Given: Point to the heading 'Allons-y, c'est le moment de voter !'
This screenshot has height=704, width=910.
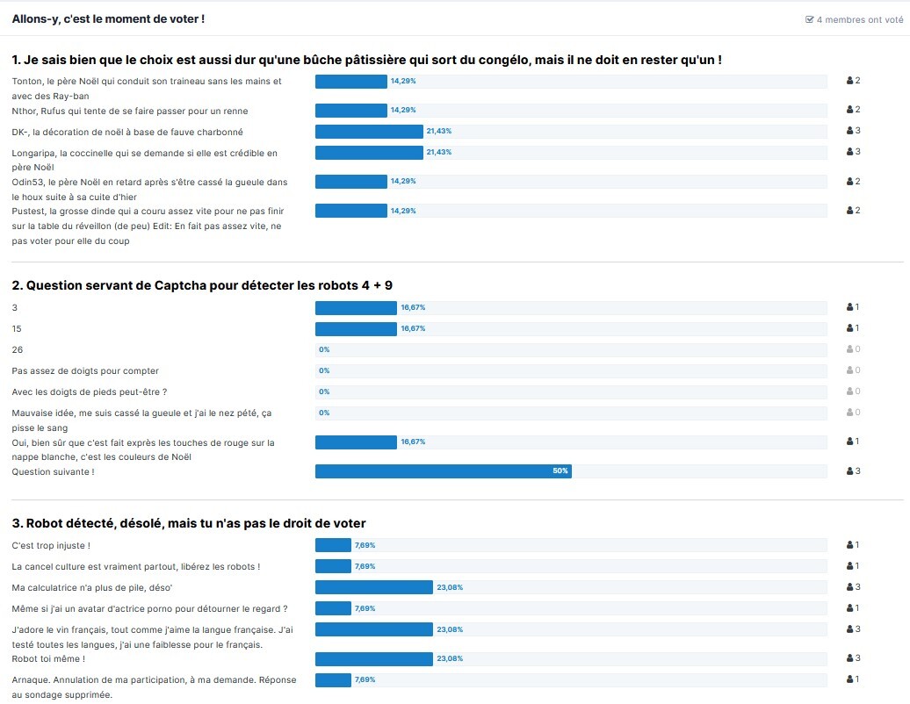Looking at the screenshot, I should tap(108, 18).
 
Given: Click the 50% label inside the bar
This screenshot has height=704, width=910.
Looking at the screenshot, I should tap(560, 471).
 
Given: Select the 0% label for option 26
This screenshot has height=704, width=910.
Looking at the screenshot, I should tap(324, 349).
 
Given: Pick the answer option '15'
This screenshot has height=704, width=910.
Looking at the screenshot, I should tap(18, 328).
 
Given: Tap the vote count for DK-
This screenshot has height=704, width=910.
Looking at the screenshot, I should tap(853, 131).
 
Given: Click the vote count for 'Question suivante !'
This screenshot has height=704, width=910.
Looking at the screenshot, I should tap(853, 471).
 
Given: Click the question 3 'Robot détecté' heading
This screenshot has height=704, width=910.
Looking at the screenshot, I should tap(189, 523).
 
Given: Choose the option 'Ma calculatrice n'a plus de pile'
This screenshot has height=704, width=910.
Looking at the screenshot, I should tap(92, 587).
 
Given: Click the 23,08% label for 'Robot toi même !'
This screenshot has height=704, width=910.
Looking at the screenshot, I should tap(450, 658).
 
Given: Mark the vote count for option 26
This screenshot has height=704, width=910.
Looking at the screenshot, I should tap(853, 349).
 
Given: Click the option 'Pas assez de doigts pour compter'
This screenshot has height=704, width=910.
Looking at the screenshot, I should tap(85, 370).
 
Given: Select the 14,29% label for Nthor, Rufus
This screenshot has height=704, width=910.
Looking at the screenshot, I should tap(403, 111).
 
